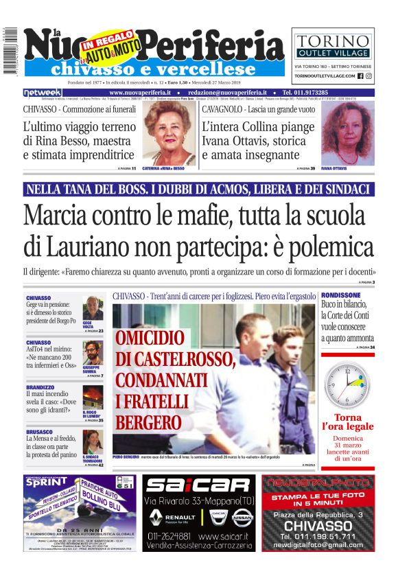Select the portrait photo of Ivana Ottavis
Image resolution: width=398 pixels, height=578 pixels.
pos(347,132)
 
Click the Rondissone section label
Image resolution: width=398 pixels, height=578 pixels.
pos(341,295)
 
